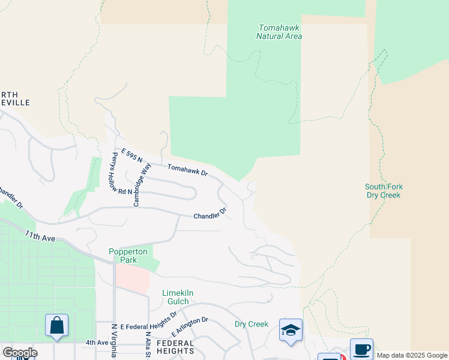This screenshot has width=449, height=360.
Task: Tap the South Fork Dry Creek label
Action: pyautogui.click(x=382, y=191)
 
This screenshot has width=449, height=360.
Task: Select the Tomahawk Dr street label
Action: pyautogui.click(x=187, y=170)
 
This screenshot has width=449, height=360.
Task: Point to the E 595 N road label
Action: pyautogui.click(x=131, y=156)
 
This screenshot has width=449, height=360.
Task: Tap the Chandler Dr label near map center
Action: pyautogui.click(x=209, y=213)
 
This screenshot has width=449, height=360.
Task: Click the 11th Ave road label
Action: pyautogui.click(x=40, y=236)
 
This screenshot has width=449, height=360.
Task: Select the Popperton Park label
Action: pyautogui.click(x=123, y=256)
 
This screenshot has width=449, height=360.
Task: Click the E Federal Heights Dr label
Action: pyautogui.click(x=149, y=320)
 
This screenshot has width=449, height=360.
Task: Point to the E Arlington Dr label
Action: pyautogui.click(x=190, y=326)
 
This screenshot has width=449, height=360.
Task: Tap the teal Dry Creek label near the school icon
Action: pyautogui.click(x=251, y=324)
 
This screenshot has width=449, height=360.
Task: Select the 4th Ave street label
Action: pyautogui.click(x=97, y=343)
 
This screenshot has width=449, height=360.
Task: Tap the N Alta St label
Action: pyautogui.click(x=148, y=343)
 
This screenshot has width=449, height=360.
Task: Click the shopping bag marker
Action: pyautogui.click(x=56, y=326)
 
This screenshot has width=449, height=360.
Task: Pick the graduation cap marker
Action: pyautogui.click(x=291, y=330)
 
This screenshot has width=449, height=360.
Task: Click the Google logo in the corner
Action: pyautogui.click(x=20, y=353)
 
